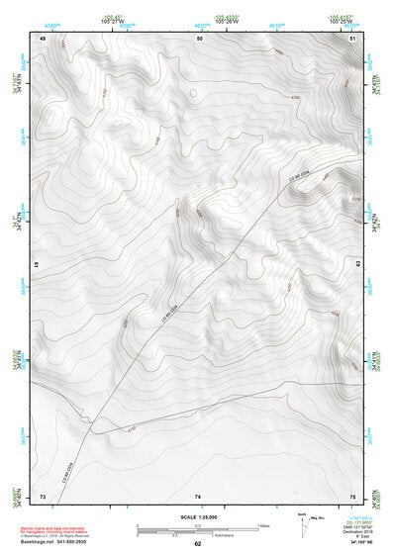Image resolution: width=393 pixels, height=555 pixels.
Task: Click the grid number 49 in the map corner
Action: click(42, 38)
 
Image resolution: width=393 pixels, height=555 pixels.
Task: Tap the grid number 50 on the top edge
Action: click(199, 38)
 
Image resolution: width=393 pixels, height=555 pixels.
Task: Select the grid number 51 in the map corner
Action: click(353, 38)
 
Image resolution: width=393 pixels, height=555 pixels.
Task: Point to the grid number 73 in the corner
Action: click(42, 495)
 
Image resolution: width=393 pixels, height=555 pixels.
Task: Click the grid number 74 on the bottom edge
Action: click(198, 495)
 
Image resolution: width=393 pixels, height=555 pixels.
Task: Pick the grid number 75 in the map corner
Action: click(352, 495)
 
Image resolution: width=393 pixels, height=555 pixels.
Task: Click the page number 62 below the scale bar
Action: click(198, 543)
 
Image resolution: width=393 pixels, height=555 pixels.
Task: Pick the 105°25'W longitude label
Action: click(340, 20)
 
